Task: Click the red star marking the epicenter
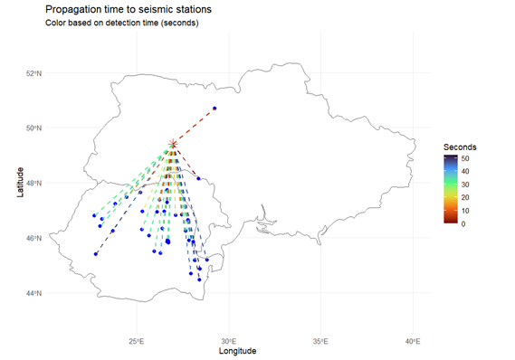click(x=173, y=144)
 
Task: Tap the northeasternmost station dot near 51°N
click(x=215, y=109)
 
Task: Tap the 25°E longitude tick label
click(x=137, y=341)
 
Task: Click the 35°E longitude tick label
click(x=320, y=341)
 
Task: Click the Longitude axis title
click(x=231, y=351)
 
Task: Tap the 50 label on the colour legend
click(x=467, y=157)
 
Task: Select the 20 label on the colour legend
click(x=467, y=196)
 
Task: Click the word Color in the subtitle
click(x=56, y=23)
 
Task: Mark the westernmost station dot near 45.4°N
click(x=95, y=254)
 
